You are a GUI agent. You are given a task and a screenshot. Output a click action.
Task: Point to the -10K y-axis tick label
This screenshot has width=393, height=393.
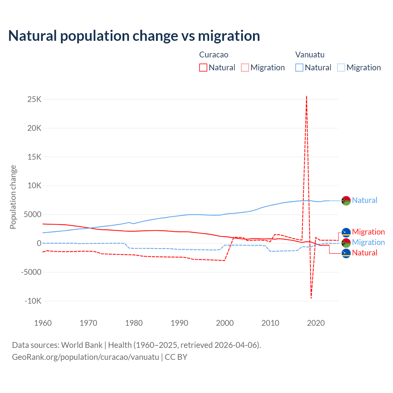point(33,301)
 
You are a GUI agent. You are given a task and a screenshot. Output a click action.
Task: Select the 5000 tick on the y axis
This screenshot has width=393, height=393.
point(33,215)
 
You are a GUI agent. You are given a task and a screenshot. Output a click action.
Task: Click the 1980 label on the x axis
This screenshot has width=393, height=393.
point(134,323)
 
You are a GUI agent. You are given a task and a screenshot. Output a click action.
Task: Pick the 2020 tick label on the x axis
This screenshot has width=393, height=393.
point(316,323)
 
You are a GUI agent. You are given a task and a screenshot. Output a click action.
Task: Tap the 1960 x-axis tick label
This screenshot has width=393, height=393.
point(43,323)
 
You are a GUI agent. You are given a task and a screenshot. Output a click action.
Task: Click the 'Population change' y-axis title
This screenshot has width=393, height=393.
point(13,197)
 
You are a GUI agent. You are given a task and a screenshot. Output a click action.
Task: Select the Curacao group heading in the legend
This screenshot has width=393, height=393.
point(214,55)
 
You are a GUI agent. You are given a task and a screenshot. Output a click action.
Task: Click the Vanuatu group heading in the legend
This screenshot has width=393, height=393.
point(310,55)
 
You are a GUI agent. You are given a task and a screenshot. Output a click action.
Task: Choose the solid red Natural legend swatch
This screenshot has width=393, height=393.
point(203,68)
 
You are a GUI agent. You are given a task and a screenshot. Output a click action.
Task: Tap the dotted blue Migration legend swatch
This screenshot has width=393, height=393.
point(341,68)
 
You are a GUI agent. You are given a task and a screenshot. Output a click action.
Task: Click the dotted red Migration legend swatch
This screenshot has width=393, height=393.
point(245,68)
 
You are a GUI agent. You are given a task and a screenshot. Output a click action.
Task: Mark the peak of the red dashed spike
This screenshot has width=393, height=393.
point(306,96)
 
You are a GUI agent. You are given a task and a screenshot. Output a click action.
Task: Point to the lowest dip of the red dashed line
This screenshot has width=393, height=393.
point(311,298)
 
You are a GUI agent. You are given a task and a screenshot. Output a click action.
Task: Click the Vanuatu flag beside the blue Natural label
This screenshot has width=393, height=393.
point(346,201)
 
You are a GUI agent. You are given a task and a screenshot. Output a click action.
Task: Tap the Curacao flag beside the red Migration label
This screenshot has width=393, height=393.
point(346,232)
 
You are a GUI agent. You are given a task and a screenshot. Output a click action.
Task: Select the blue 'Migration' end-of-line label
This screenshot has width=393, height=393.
point(368,243)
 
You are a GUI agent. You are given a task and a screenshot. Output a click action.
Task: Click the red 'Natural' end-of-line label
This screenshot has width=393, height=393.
point(364,253)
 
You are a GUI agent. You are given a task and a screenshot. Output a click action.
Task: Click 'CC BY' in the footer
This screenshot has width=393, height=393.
point(176,357)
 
